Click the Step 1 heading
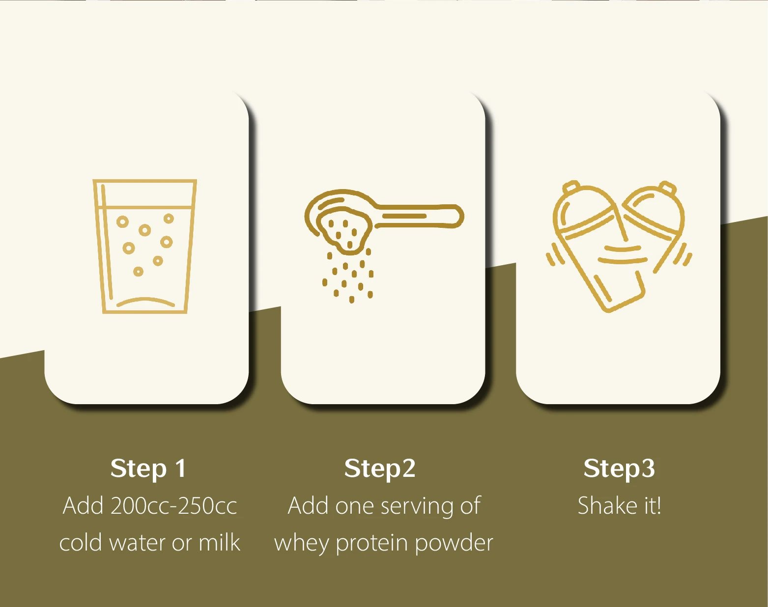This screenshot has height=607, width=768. (x=148, y=468)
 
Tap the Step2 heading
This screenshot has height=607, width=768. (x=380, y=468)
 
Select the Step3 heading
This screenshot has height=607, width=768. (x=619, y=468)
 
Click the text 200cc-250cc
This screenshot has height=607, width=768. (x=174, y=506)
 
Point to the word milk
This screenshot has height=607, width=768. (x=219, y=543)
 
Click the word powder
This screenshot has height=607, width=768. (x=454, y=543)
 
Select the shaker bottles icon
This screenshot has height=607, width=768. (x=619, y=246)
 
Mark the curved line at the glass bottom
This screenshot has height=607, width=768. (x=145, y=301)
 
